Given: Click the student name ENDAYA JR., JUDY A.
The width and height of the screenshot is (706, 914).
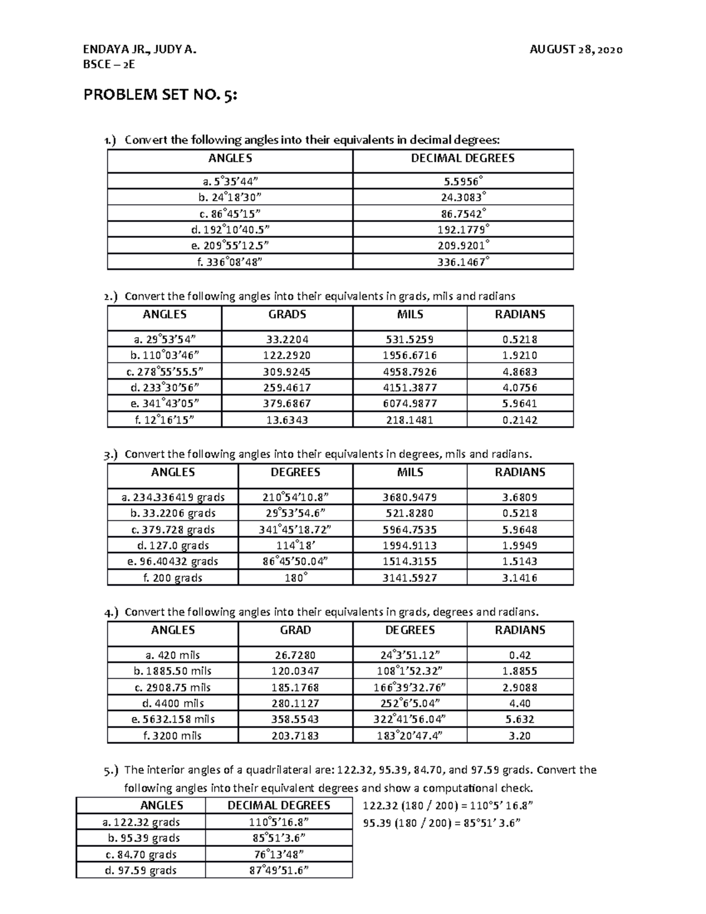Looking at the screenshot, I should point(140,49).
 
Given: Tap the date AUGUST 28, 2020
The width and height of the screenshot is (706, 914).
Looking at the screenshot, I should point(576,49).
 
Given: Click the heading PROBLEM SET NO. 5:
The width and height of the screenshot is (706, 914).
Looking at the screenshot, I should point(161,95).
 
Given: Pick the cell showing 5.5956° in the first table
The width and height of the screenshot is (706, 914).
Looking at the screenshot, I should point(463,181).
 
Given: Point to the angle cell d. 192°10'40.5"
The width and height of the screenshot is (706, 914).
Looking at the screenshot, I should point(229,230).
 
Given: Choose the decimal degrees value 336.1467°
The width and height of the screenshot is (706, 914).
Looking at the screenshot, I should point(463,262).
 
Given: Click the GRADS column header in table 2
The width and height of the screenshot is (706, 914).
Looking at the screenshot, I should point(287,314).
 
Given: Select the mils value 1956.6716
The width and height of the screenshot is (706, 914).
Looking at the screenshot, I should point(409,355).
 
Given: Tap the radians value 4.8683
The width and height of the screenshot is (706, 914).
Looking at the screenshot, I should point(519,372).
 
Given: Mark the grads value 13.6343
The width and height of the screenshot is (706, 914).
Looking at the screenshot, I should point(287,420).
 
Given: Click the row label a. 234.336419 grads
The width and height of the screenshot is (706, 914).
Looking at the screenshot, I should point(173,497).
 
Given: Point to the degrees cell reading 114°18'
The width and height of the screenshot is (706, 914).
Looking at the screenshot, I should point(295,546).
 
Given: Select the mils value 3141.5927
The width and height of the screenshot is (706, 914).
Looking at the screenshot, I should point(409,578).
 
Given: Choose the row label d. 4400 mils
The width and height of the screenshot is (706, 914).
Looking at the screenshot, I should point(173,703).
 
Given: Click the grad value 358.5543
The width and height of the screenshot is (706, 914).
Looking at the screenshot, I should point(295,719).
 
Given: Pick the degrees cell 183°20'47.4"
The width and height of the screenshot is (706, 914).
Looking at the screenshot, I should point(409,736).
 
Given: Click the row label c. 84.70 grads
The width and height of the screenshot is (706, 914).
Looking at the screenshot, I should point(141,855).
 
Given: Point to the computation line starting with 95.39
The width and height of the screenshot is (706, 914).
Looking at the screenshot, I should point(442,823).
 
